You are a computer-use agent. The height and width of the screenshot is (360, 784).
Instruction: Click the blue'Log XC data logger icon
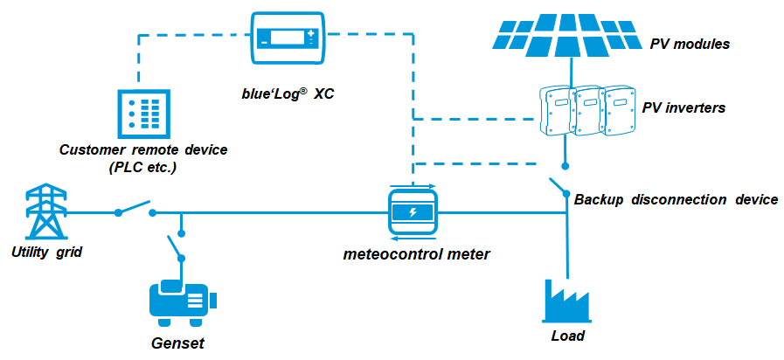click(288, 38)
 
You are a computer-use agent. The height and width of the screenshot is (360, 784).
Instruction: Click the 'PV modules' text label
click(690, 44)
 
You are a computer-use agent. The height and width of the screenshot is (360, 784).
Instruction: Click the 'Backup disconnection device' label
click(676, 200)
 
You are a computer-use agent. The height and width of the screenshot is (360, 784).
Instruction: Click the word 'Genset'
click(178, 343)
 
